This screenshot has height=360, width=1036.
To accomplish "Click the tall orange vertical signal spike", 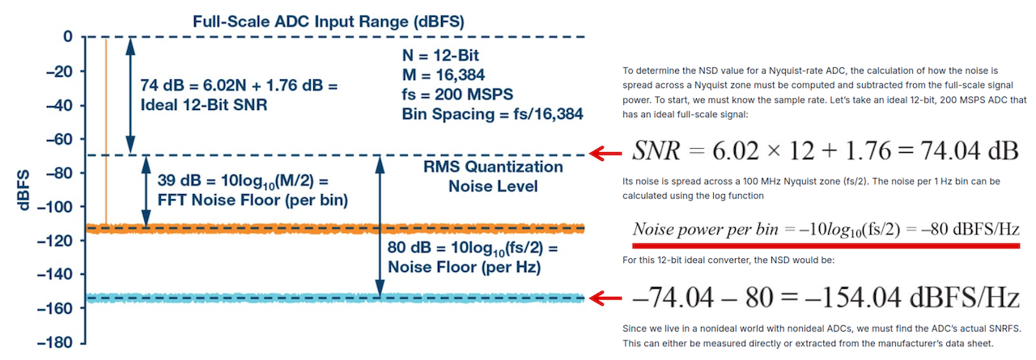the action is point(106,129).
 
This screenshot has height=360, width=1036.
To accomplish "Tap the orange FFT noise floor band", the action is point(324,228).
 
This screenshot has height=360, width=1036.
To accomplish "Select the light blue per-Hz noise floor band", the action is point(324,298).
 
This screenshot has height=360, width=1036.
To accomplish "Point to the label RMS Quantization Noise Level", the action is point(493,176).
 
